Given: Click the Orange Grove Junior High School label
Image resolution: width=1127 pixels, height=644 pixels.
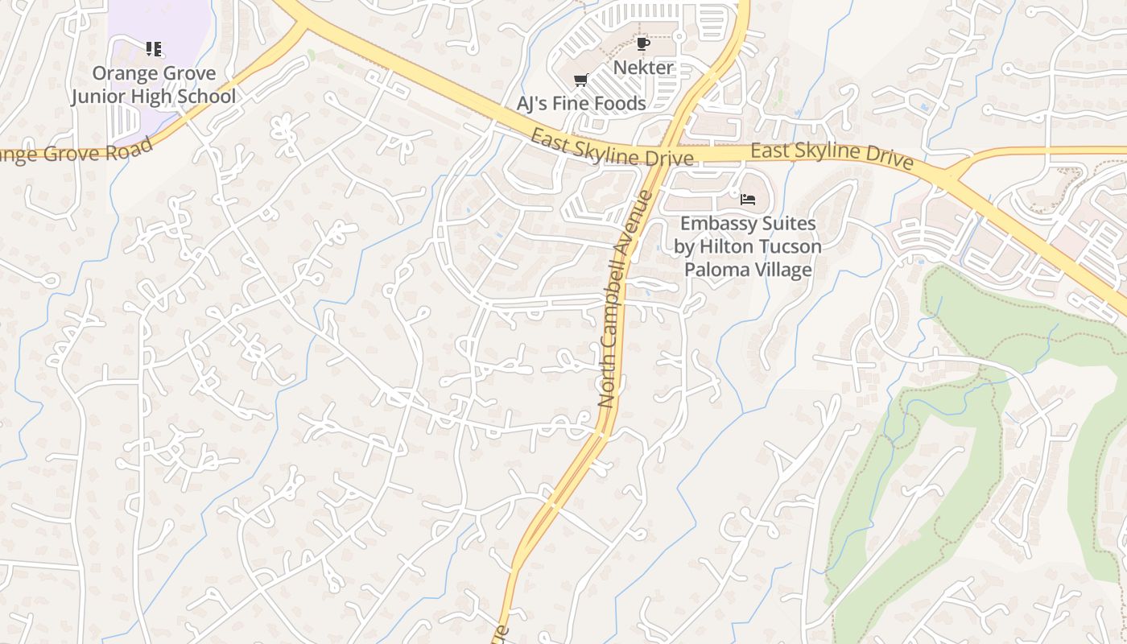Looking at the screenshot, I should click(153, 85).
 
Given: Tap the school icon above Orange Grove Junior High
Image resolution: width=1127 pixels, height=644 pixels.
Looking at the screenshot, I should click(154, 50).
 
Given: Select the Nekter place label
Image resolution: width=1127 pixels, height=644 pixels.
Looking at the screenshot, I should click(643, 68).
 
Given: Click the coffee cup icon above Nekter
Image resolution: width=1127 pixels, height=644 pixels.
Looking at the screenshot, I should click(642, 43).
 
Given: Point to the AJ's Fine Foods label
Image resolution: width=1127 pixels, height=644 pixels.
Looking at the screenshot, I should click(581, 103).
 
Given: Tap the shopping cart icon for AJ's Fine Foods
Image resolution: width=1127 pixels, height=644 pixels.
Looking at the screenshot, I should click(580, 80).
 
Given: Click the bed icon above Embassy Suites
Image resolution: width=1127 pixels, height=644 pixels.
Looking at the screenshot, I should click(748, 199).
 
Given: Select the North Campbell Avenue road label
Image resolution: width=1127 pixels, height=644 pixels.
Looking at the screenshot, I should click(625, 299).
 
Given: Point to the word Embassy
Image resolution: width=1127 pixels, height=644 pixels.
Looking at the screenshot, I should click(715, 223).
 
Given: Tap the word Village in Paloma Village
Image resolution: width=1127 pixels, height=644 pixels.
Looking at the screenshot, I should click(782, 270).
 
